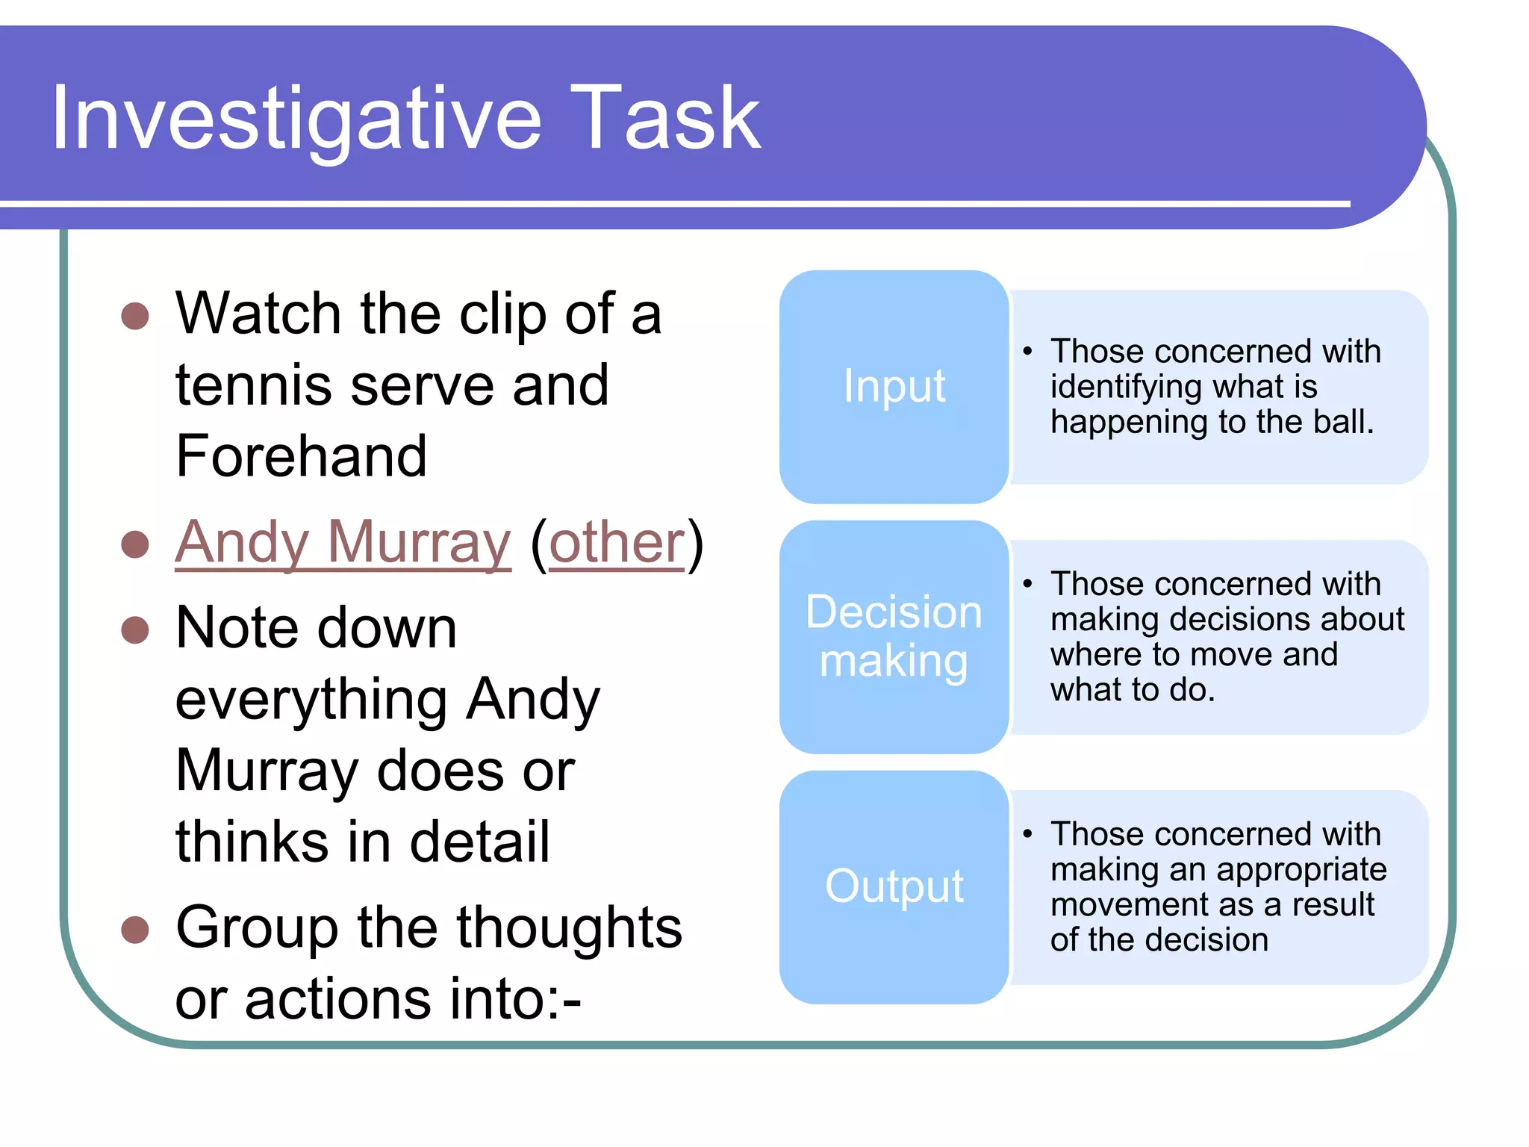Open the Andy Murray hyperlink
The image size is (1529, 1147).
pyautogui.click(x=343, y=543)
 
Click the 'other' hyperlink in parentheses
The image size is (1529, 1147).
pyautogui.click(x=617, y=543)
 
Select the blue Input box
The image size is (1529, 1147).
pyautogui.click(x=894, y=387)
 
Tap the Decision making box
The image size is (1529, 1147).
pyautogui.click(x=894, y=636)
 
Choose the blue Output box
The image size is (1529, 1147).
pyautogui.click(x=894, y=886)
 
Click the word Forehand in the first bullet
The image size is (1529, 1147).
pyautogui.click(x=301, y=456)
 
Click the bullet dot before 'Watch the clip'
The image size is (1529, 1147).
pyautogui.click(x=135, y=316)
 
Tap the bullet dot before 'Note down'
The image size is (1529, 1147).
pyautogui.click(x=135, y=630)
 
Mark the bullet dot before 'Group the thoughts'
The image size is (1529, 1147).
pyautogui.click(x=135, y=930)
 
